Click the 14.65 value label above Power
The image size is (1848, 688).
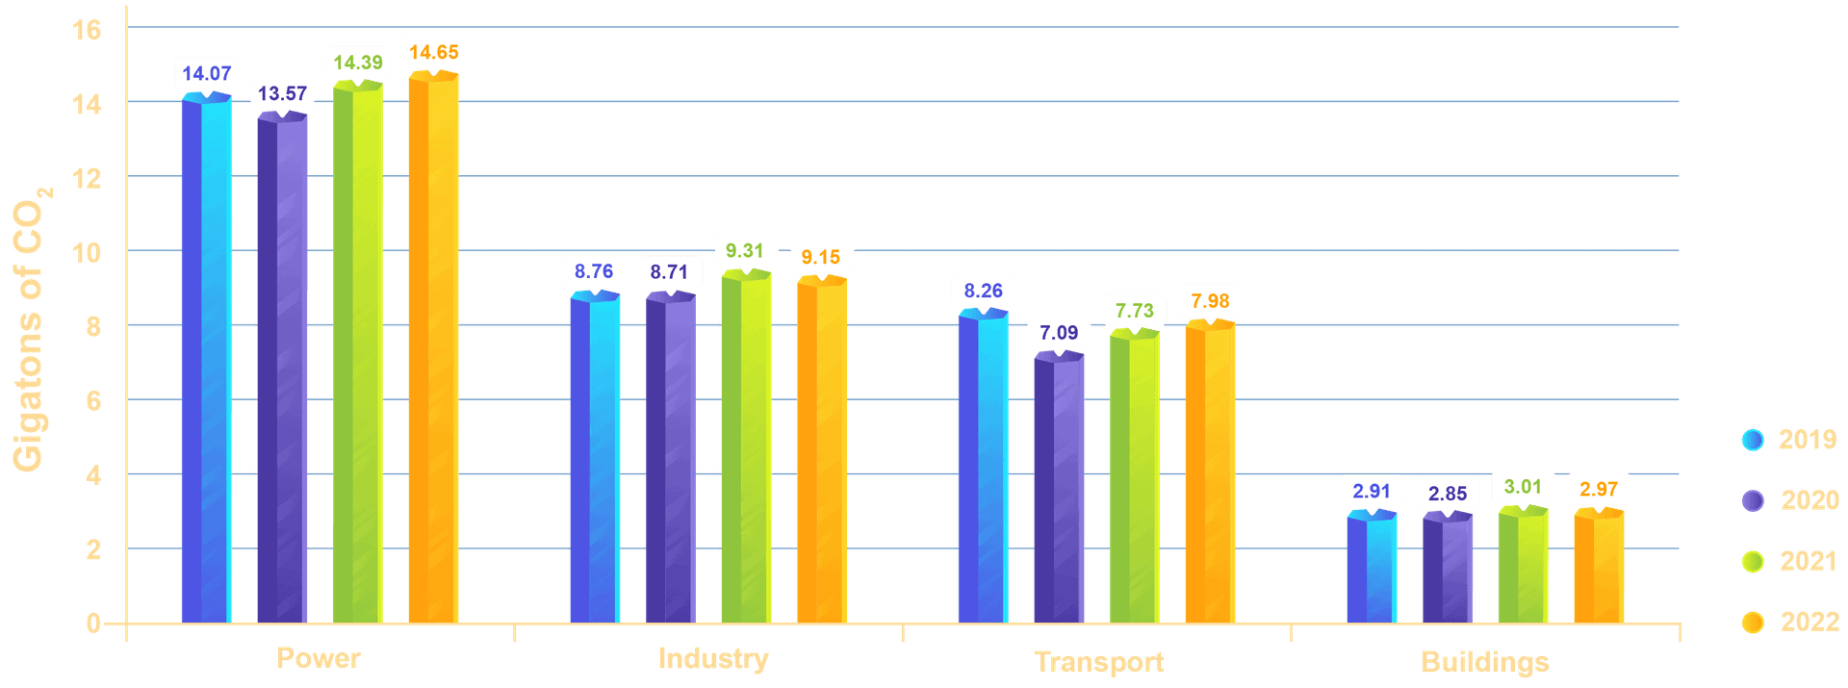pyautogui.click(x=433, y=52)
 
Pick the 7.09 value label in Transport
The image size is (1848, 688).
pyautogui.click(x=1059, y=333)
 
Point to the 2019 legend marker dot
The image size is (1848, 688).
pyautogui.click(x=1753, y=440)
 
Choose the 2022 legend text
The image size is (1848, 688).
pyautogui.click(x=1809, y=623)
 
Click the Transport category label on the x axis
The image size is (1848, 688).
pyautogui.click(x=1098, y=662)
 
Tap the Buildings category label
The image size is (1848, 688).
pyautogui.click(x=1485, y=662)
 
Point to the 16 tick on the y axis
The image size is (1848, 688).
pyautogui.click(x=87, y=31)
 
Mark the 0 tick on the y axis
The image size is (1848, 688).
pyautogui.click(x=92, y=624)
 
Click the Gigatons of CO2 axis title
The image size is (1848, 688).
pyautogui.click(x=31, y=327)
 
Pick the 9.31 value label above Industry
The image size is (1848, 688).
pyautogui.click(x=744, y=251)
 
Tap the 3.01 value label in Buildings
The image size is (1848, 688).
pyautogui.click(x=1523, y=487)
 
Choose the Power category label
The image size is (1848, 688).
pyautogui.click(x=319, y=658)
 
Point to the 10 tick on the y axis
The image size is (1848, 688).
pyautogui.click(x=87, y=253)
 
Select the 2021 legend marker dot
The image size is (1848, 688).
pyautogui.click(x=1753, y=562)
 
